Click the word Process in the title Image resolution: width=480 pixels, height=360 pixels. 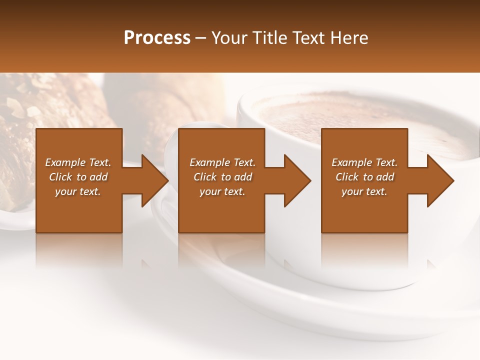(x=157, y=38)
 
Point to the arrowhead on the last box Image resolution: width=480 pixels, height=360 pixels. (x=439, y=180)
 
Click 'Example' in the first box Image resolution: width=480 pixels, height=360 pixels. (x=65, y=162)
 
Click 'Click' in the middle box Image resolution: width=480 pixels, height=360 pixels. (x=205, y=177)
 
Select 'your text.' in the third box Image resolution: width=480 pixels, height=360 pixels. (x=364, y=191)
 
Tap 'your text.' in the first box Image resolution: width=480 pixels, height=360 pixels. (x=78, y=191)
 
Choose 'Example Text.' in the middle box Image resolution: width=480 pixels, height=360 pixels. (x=222, y=162)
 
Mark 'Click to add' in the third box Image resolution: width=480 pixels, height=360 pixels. (x=365, y=177)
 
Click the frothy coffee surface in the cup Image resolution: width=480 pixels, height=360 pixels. (x=350, y=120)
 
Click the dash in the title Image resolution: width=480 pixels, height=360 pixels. (x=201, y=38)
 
